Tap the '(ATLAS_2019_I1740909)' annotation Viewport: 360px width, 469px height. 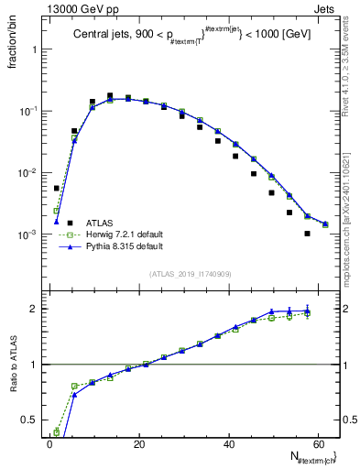click(x=190, y=274)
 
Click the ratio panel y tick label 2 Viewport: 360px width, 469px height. click(x=34, y=309)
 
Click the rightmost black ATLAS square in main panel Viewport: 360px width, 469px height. click(x=308, y=234)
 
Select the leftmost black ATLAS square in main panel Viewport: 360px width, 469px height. click(x=57, y=188)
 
